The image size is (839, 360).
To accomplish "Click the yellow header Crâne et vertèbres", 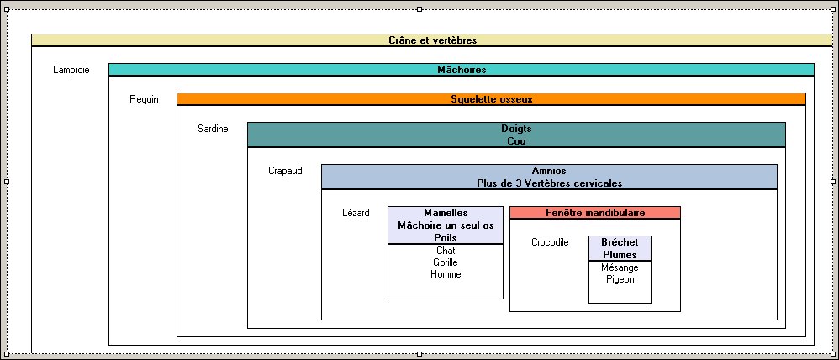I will point(433,40).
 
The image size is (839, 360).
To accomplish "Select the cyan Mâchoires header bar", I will point(462,70).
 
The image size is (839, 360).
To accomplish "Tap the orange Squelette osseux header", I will point(491,99).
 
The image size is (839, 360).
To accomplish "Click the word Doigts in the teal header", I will point(516,129).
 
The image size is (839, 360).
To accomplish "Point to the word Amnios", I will point(548,171).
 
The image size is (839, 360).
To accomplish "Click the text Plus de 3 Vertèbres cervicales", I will point(549,183).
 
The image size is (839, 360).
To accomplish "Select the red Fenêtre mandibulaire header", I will point(595,213).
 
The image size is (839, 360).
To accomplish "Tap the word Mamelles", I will point(446,213).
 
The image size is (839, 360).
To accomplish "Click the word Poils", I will point(446,238).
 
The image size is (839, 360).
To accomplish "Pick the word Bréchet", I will point(620,242).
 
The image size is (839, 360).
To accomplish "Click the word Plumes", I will point(620,255).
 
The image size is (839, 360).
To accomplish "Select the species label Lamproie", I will point(71,70).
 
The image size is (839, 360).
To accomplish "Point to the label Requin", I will point(144,99).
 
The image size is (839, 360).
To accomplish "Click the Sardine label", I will point(213,129).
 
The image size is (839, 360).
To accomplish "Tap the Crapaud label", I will point(285,171).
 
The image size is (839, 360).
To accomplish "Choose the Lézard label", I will point(356,213).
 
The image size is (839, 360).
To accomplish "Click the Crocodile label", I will point(550,242).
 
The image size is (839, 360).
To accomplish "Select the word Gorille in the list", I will point(446,262).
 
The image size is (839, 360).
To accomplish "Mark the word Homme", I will point(446,274).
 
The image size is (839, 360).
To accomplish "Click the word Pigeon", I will point(620,279).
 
